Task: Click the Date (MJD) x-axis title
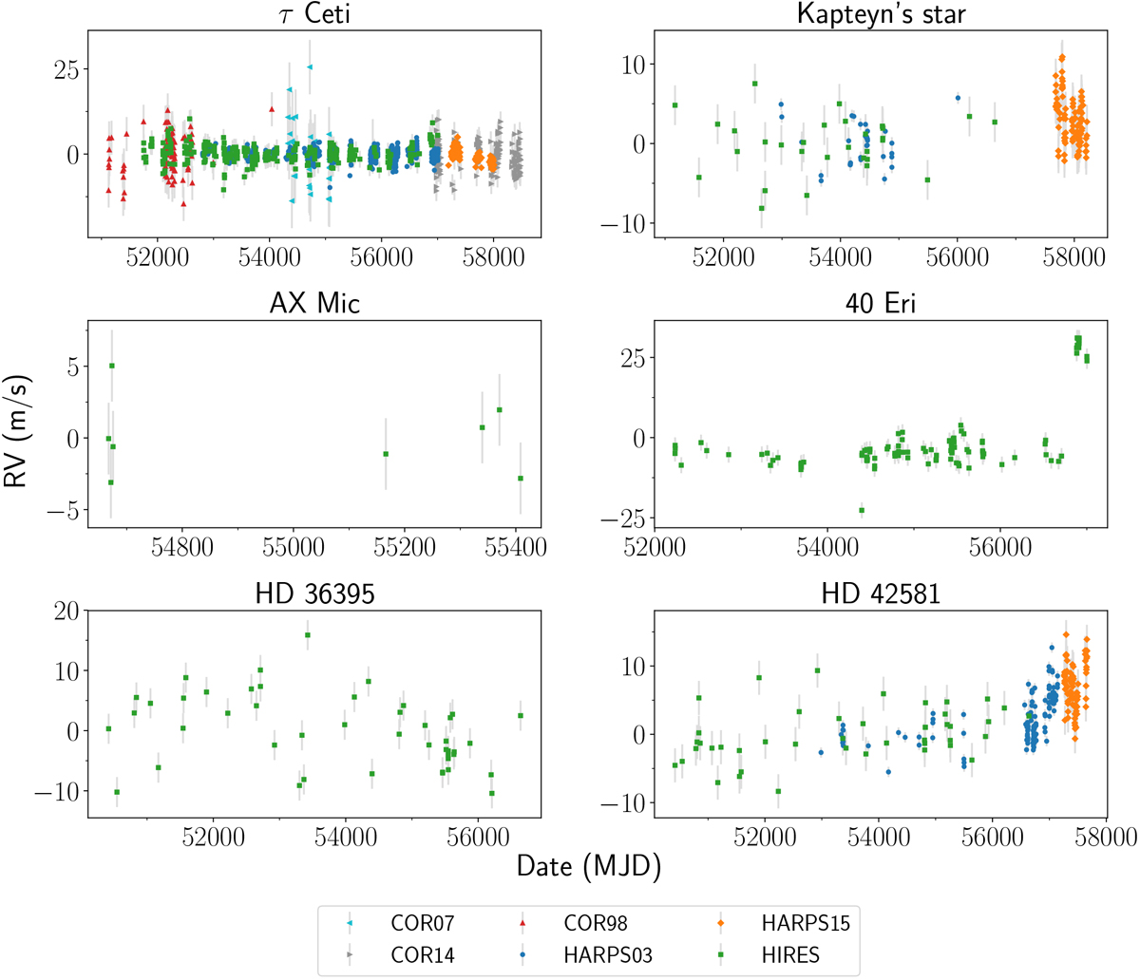pyautogui.click(x=589, y=865)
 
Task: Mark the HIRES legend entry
pyautogui.click(x=779, y=954)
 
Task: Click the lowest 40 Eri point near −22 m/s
pyautogui.click(x=862, y=511)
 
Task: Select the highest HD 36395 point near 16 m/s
pyautogui.click(x=307, y=635)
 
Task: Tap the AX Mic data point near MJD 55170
pyautogui.click(x=386, y=454)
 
